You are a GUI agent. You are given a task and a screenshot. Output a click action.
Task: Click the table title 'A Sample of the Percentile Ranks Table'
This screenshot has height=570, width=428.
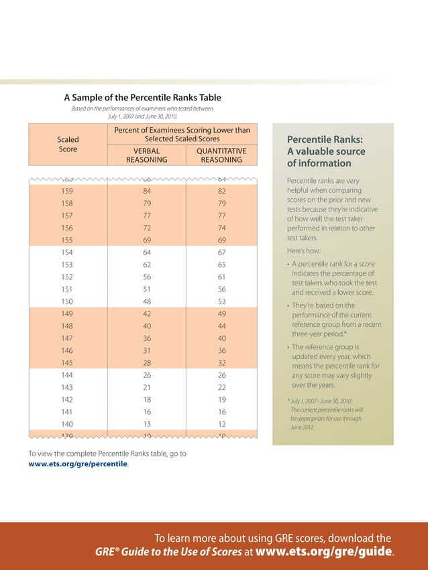click(x=142, y=98)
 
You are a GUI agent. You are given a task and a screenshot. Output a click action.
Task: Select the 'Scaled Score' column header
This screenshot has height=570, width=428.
click(x=68, y=144)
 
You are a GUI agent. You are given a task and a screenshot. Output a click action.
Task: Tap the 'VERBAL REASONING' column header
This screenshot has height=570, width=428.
click(x=146, y=155)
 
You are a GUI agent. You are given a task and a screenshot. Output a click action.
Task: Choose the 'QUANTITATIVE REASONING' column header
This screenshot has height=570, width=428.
click(x=221, y=155)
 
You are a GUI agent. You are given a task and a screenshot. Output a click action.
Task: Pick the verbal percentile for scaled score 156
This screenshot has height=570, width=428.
click(x=147, y=228)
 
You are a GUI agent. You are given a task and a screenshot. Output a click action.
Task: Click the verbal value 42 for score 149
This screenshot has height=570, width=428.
click(x=147, y=313)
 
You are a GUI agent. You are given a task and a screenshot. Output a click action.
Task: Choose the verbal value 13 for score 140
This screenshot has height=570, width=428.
click(x=147, y=424)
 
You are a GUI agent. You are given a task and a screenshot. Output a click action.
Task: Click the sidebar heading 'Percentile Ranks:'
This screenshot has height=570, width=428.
click(x=325, y=140)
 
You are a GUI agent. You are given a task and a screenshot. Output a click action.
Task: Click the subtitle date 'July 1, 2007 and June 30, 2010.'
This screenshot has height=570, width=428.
click(x=142, y=116)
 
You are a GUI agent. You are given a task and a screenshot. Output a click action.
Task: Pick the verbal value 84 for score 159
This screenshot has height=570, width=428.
click(x=147, y=191)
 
